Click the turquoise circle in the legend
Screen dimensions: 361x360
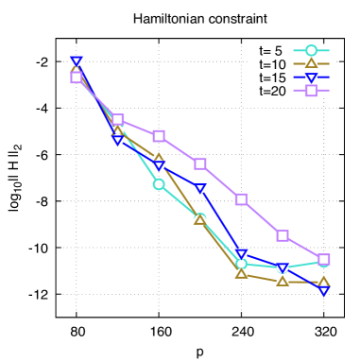point(311,51)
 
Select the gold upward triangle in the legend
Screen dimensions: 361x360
point(311,64)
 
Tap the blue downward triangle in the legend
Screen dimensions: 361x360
point(311,77)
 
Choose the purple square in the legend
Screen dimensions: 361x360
point(311,91)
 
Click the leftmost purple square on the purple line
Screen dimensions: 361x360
point(77,77)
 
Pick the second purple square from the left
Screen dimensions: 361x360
point(117,120)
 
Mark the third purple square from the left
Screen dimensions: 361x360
point(159,136)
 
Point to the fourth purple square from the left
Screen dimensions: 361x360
point(200,163)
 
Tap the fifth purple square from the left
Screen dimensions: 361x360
point(241,199)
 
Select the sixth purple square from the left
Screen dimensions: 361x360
point(283,235)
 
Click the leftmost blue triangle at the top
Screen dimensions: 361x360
point(77,61)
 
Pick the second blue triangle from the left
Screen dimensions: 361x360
point(117,140)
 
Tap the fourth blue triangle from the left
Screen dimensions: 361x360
point(200,188)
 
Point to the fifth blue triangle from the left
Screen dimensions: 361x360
point(241,254)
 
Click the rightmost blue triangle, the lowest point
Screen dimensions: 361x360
point(323,291)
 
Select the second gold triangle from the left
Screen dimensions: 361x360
point(117,130)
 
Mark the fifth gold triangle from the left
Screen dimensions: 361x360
point(241,273)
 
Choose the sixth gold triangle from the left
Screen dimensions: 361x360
point(283,281)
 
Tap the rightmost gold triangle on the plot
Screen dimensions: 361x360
point(323,282)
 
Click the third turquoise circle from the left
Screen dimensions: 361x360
point(159,184)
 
